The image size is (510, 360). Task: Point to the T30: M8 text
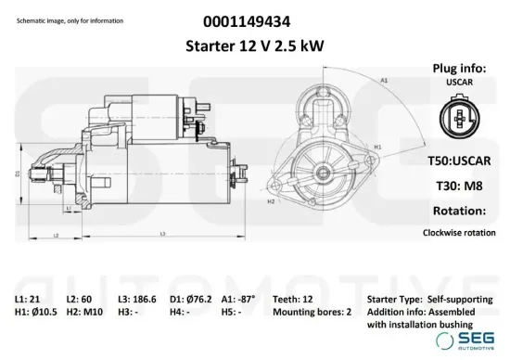pos(460,185)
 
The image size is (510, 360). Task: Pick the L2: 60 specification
pos(81,300)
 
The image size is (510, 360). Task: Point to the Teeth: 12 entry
pos(296,300)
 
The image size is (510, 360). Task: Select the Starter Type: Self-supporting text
pos(430,300)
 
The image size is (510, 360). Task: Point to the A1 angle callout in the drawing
pos(384,80)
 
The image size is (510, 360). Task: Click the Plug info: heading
pos(460,69)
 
